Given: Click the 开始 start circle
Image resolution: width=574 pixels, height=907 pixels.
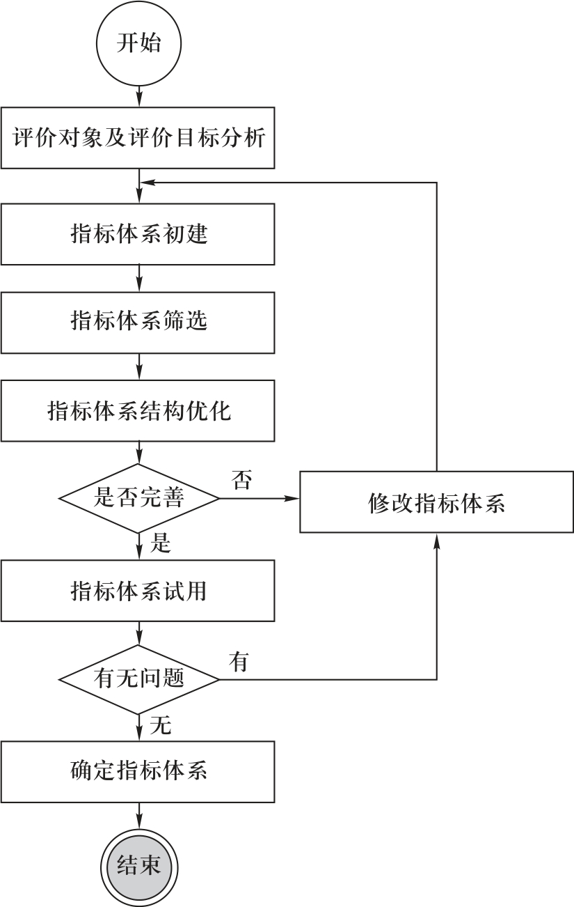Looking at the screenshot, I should (x=139, y=43).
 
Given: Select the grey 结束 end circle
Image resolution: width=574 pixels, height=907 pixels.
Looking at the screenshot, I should (x=139, y=865).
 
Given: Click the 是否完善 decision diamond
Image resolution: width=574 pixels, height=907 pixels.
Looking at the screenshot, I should (x=139, y=498).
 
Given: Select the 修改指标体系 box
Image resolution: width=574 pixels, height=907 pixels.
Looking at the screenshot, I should (x=436, y=503).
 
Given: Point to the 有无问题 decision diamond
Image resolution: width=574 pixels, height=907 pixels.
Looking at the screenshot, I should (x=139, y=679).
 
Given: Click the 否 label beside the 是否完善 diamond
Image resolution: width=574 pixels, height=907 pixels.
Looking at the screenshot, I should (x=241, y=480).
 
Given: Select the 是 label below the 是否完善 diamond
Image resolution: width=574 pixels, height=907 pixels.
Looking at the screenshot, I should (x=161, y=543).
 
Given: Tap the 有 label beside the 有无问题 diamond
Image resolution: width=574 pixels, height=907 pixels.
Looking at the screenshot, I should (x=239, y=662).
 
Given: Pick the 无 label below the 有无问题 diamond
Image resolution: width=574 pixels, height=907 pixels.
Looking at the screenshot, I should (x=161, y=726).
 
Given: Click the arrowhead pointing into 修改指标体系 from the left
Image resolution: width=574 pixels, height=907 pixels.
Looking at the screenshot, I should (x=293, y=498).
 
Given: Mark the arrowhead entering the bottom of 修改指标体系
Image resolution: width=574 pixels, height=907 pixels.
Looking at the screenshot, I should (x=436, y=541).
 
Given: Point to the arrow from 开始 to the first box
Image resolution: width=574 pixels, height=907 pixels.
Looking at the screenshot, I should (x=139, y=94).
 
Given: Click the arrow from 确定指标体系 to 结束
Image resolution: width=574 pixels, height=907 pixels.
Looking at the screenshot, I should (x=139, y=815).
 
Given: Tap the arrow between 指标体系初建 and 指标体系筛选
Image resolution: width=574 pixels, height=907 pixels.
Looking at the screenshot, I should (x=139, y=278).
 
